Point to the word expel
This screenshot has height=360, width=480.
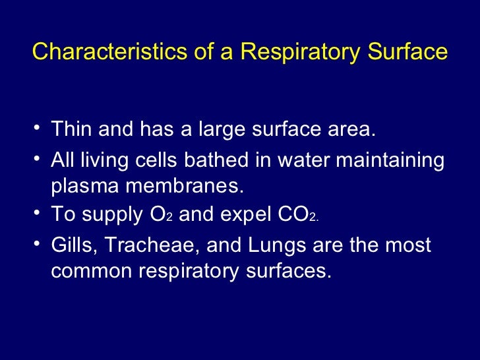(240, 216)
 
